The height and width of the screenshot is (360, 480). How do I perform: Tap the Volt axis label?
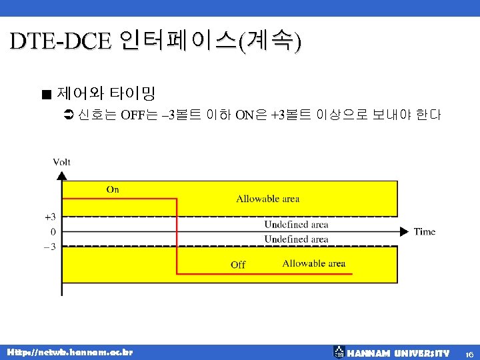coord(62,162)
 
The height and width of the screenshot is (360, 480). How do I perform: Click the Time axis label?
coord(425,231)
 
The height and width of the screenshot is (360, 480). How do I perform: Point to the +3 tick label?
coord(50,217)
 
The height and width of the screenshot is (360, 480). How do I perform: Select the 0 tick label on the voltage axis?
coord(53,231)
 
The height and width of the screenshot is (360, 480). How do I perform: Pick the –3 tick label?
coord(49,246)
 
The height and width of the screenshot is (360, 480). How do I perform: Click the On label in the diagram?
coord(113,189)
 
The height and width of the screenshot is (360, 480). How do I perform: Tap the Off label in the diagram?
coord(238,265)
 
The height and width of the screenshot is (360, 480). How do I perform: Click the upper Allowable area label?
coord(267,198)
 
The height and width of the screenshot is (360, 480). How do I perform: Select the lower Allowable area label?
coord(313,263)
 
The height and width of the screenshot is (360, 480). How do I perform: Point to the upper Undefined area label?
coord(296,225)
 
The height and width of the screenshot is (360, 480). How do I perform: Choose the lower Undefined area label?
coord(296,239)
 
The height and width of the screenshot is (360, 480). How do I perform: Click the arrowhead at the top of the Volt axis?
coord(62,176)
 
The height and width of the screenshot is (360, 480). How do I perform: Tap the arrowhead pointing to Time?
coord(404,231)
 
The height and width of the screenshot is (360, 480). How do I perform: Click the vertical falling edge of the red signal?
coord(177,233)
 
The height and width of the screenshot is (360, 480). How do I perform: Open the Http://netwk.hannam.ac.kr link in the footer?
coord(69,352)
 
